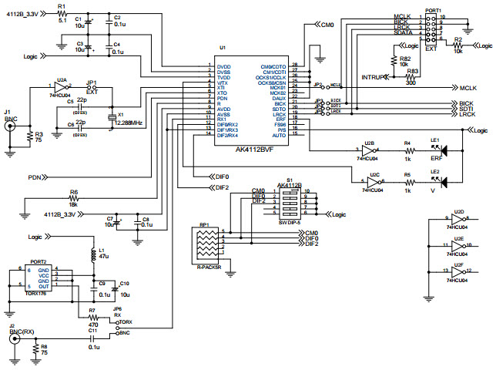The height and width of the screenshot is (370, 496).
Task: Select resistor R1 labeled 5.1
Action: (62, 14)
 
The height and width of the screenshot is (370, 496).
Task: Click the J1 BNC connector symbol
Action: (11, 129)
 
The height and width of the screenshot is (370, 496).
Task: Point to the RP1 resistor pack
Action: (206, 246)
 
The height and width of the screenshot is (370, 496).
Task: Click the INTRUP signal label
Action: (374, 78)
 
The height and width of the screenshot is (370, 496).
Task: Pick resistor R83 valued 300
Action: (413, 78)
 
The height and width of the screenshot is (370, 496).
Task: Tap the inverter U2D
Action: (459, 221)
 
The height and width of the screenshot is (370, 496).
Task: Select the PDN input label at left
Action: (34, 177)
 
